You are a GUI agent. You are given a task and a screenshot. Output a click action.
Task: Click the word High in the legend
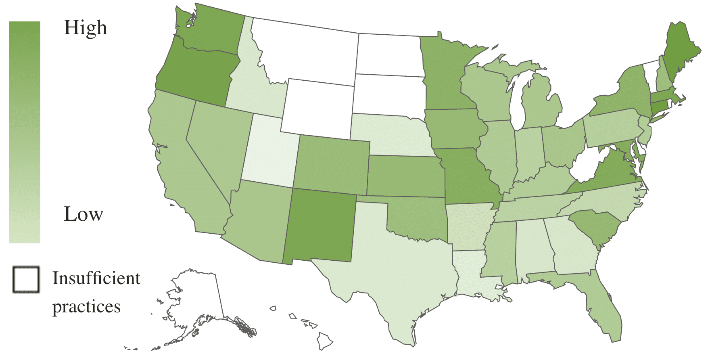coord(86,28)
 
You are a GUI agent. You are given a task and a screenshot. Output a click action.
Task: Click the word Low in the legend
coord(84,214)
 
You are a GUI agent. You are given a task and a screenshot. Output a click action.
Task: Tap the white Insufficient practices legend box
coord(26,279)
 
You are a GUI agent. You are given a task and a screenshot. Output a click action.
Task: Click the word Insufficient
coord(96,278)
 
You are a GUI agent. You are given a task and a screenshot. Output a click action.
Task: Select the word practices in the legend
coord(86,306)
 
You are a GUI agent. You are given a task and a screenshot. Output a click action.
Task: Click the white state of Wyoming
coord(319,107)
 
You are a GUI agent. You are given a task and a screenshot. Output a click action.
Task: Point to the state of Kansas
coord(403,176)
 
